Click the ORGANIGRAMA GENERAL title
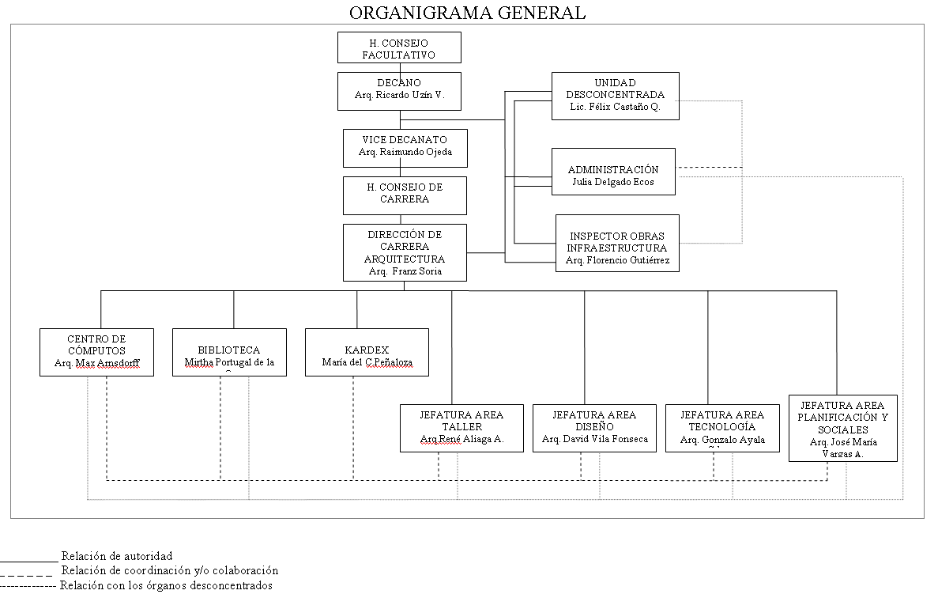467,12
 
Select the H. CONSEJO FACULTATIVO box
399,47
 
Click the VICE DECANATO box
405,148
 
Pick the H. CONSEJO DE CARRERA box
405,195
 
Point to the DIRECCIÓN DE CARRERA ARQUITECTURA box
405,252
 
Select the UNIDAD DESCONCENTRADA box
615,96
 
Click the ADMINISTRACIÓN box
612,172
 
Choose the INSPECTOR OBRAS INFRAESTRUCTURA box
616,243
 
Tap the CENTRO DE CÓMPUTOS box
96,352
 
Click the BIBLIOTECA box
229,352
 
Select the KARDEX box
367,352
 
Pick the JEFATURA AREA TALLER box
461,428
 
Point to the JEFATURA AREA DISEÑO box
594,428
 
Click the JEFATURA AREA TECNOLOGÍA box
722,428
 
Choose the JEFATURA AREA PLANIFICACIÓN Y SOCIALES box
842,428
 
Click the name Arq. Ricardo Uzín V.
400,96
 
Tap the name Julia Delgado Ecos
612,182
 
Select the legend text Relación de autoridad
116,556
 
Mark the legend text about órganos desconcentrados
166,586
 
